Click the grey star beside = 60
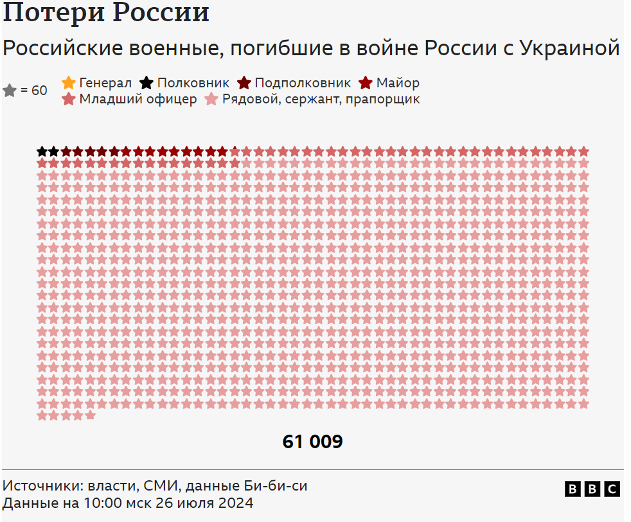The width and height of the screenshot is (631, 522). (x=10, y=91)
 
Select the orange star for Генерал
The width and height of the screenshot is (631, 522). (x=69, y=83)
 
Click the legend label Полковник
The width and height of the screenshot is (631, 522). (x=193, y=83)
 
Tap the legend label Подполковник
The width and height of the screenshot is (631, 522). (x=303, y=83)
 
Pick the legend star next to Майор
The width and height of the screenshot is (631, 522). (x=366, y=83)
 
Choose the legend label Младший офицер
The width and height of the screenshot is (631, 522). (x=138, y=99)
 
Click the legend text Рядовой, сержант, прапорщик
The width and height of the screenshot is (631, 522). (x=321, y=99)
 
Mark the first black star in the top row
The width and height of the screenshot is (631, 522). (x=42, y=152)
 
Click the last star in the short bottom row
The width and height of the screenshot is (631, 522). (x=90, y=415)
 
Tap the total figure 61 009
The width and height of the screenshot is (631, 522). (x=312, y=442)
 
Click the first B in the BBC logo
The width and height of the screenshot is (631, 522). (x=572, y=489)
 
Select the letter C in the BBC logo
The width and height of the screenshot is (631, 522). (x=612, y=489)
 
